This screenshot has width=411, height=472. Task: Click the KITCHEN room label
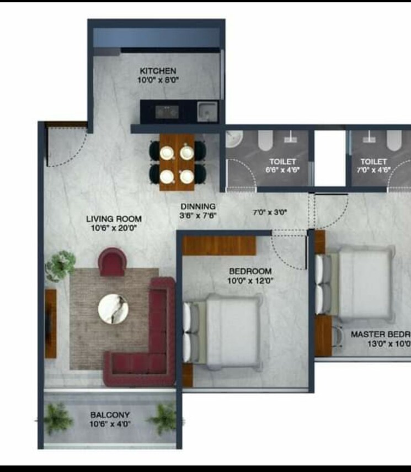click(x=158, y=71)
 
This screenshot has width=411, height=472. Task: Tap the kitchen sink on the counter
click(x=207, y=111)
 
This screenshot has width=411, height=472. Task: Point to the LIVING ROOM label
click(x=114, y=219)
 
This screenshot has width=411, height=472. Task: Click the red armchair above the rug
click(x=113, y=261)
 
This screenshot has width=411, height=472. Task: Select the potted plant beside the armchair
click(x=60, y=265)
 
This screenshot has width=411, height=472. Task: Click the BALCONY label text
click(x=110, y=415)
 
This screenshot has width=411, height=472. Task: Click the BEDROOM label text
click(x=250, y=271)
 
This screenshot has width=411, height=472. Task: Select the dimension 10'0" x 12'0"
click(x=250, y=280)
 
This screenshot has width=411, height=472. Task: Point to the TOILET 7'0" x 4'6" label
click(x=374, y=166)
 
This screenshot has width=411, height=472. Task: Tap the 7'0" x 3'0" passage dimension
click(x=270, y=211)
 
